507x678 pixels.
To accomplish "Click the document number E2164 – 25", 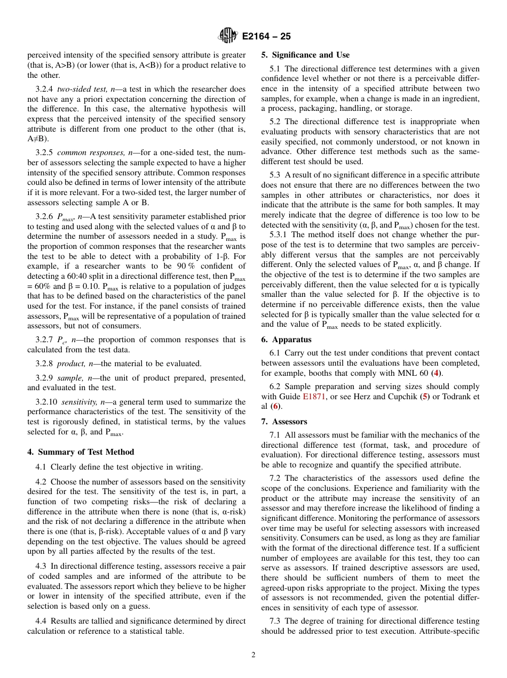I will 266,37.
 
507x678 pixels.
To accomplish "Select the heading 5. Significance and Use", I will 305,55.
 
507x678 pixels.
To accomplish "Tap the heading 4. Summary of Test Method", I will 81,452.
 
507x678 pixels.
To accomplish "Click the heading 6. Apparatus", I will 286,340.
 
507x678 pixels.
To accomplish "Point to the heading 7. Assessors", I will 284,422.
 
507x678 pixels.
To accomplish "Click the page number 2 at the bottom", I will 253,655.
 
